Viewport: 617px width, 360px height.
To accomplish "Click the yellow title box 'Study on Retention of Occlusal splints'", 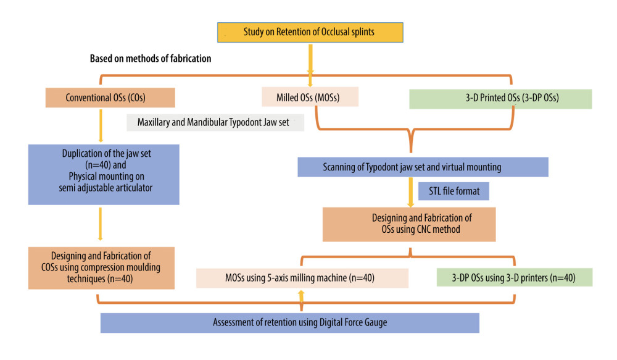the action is click(x=310, y=32).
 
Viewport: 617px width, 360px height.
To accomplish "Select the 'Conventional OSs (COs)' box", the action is click(x=110, y=98).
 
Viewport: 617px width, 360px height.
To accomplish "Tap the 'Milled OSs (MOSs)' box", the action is click(x=310, y=97).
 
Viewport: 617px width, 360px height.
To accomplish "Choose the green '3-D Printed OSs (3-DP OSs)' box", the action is click(x=500, y=99).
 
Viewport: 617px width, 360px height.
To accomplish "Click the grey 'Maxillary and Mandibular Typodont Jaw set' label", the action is click(x=215, y=122).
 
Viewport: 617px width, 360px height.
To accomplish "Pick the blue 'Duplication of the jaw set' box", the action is click(x=104, y=175).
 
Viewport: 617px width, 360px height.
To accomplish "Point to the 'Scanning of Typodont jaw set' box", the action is click(x=423, y=167).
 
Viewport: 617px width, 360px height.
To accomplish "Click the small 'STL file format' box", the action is click(x=453, y=191).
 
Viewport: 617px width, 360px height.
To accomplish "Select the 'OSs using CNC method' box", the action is click(x=409, y=225).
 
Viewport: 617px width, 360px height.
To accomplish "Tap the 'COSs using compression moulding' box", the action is click(x=102, y=268).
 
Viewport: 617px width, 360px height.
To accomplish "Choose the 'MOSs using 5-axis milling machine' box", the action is click(x=302, y=278).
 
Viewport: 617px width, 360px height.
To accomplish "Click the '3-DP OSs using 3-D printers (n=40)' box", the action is click(x=515, y=277).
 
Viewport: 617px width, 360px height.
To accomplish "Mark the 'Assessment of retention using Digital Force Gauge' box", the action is click(x=290, y=323).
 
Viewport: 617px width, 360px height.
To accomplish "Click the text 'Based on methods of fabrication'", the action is click(x=151, y=59).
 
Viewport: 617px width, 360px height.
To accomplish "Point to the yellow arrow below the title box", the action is click(x=310, y=65).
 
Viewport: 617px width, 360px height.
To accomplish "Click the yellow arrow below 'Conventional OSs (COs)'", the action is click(x=101, y=125).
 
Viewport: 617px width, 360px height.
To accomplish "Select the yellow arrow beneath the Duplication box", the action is click(x=101, y=224).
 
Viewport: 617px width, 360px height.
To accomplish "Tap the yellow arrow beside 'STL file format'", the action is click(x=411, y=192).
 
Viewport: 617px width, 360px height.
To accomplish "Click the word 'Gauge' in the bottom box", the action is click(x=376, y=322).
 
